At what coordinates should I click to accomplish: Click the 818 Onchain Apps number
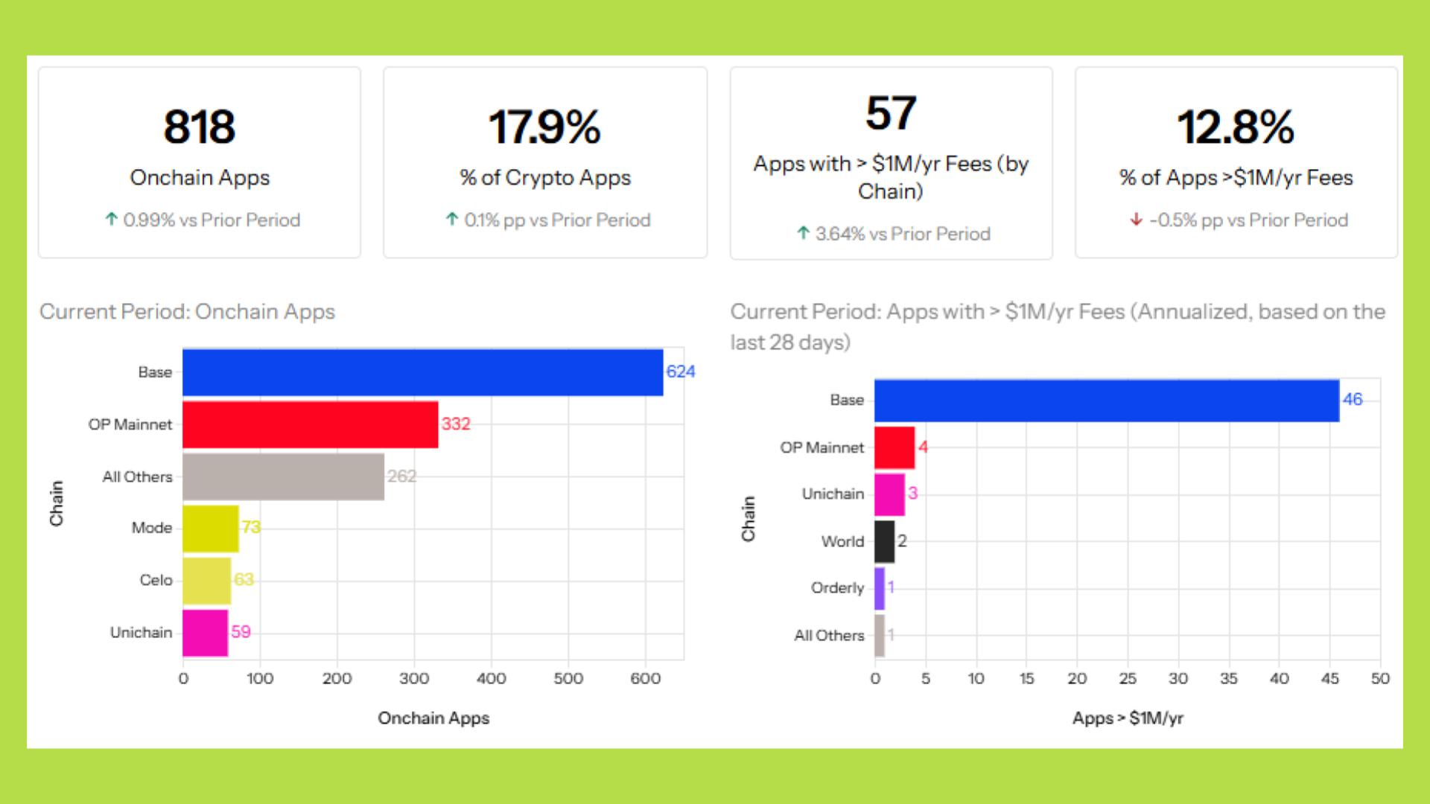[x=200, y=127]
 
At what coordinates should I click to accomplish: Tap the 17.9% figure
[x=544, y=127]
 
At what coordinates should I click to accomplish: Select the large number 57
[x=891, y=113]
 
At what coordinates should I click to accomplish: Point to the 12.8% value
[x=1236, y=127]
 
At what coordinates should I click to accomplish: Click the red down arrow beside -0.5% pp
[x=1136, y=220]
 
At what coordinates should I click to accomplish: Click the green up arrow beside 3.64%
[x=803, y=233]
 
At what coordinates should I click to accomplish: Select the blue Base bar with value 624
[x=422, y=372]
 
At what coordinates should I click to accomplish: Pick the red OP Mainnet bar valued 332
[x=310, y=424]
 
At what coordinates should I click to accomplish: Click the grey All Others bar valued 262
[x=283, y=476]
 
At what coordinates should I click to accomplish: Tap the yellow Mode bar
[x=210, y=529]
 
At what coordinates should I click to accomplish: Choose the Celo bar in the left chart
[x=206, y=581]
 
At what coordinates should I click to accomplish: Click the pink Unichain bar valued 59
[x=205, y=633]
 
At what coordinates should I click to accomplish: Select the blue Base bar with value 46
[x=1106, y=401]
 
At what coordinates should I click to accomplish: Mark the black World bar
[x=884, y=541]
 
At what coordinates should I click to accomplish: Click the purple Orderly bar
[x=880, y=588]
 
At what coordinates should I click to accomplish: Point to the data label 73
[x=251, y=527]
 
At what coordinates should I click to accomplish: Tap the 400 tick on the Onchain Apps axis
[x=491, y=678]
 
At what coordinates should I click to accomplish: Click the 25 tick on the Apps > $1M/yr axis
[x=1127, y=678]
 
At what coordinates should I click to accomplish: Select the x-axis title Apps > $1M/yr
[x=1127, y=718]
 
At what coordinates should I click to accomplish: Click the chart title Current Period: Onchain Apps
[x=187, y=311]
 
